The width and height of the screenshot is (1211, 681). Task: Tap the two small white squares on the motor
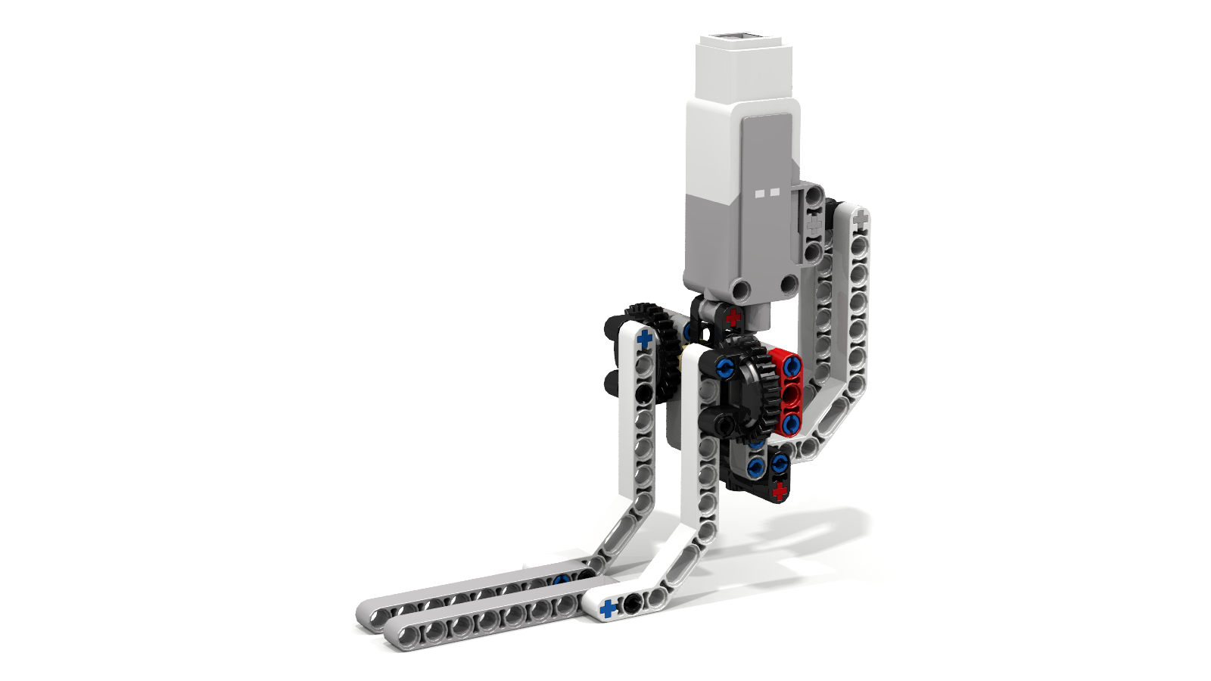767,193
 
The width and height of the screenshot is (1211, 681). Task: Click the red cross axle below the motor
732,317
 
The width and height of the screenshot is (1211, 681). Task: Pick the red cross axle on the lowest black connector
780,491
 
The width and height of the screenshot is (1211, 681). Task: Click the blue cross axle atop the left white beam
644,338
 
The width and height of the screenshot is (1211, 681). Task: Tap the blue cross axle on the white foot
607,608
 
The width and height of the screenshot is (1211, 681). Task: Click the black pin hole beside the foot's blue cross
630,604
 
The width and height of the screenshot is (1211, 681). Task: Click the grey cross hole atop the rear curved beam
860,219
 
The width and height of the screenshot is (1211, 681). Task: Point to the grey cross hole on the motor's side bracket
814,224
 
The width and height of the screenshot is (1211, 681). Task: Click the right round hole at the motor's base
788,284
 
